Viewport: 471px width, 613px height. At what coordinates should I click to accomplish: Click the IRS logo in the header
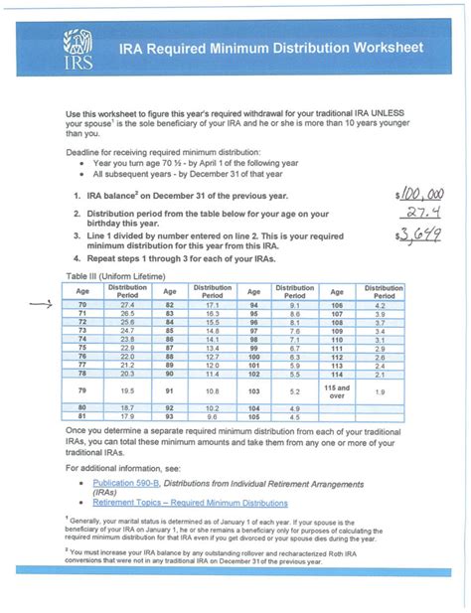[x=77, y=50]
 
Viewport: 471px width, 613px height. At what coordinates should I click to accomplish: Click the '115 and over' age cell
[x=338, y=391]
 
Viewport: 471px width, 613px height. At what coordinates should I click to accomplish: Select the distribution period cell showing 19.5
[x=127, y=391]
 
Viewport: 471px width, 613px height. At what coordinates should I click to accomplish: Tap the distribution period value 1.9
[x=382, y=391]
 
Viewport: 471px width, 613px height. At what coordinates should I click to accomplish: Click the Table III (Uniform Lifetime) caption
[x=114, y=274]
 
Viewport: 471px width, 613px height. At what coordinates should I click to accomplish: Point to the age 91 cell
[x=170, y=391]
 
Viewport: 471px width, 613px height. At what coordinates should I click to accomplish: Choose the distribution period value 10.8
[x=212, y=391]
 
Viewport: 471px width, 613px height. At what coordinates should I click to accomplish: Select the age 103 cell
[x=253, y=391]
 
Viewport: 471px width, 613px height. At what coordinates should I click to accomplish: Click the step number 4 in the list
[x=77, y=257]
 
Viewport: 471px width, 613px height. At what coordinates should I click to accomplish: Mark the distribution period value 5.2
[x=296, y=391]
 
